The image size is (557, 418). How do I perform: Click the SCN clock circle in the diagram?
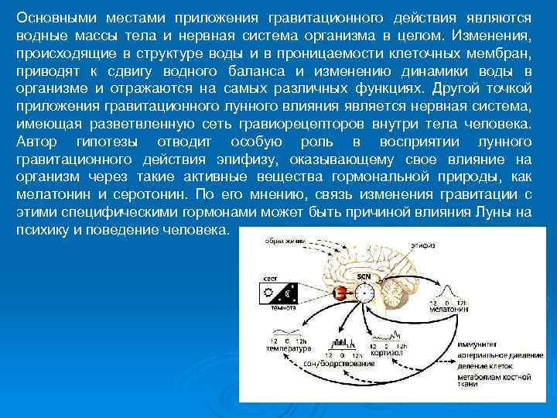click(364, 294)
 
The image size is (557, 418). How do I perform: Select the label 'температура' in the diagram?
click(289, 348)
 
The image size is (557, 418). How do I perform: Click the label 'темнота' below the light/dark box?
click(282, 308)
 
